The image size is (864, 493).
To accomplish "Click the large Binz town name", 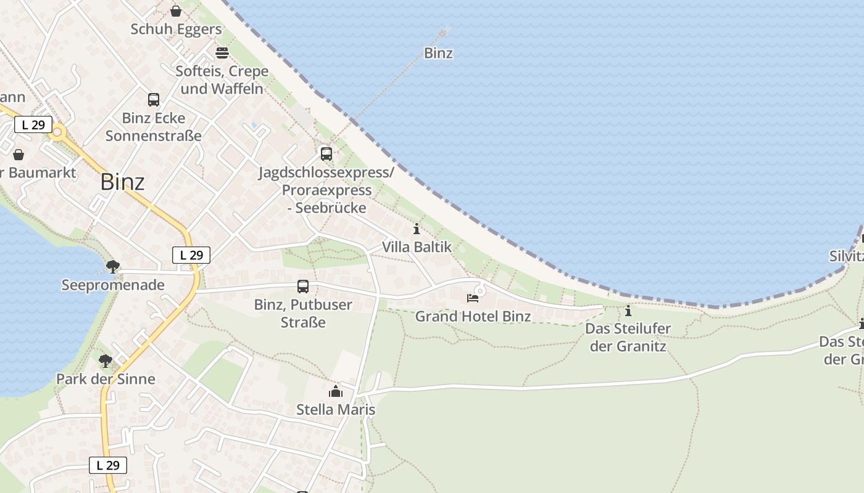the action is pyautogui.click(x=122, y=182).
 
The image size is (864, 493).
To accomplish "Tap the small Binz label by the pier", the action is pyautogui.click(x=438, y=53).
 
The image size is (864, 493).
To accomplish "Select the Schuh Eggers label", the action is pyautogui.click(x=176, y=29).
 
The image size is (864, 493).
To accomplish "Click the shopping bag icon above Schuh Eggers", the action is pyautogui.click(x=176, y=11).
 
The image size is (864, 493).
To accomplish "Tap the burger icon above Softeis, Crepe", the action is pyautogui.click(x=222, y=53).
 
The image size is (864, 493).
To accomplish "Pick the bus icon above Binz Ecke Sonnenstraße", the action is pyautogui.click(x=154, y=100).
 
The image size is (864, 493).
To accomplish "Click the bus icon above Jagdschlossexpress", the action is pyautogui.click(x=326, y=154).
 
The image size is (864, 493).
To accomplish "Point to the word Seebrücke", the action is pyautogui.click(x=331, y=208).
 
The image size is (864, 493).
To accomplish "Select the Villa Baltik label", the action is pyautogui.click(x=417, y=247).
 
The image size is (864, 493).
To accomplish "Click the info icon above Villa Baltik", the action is pyautogui.click(x=417, y=229).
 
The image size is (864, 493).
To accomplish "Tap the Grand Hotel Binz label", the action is pyautogui.click(x=473, y=317).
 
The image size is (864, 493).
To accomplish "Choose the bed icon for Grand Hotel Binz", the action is pyautogui.click(x=473, y=298).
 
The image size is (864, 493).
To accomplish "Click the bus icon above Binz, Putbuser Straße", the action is pyautogui.click(x=303, y=287).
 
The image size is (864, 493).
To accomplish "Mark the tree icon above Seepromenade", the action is pyautogui.click(x=113, y=267).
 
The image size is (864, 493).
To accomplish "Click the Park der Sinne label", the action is pyautogui.click(x=106, y=379).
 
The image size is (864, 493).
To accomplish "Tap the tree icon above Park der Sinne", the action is pyautogui.click(x=106, y=361).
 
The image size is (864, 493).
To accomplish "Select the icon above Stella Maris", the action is pyautogui.click(x=336, y=391).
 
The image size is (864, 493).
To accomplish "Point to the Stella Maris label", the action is pyautogui.click(x=336, y=410).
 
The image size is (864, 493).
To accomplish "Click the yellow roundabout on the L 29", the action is pyautogui.click(x=58, y=132).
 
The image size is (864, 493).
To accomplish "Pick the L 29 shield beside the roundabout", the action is pyautogui.click(x=33, y=125).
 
